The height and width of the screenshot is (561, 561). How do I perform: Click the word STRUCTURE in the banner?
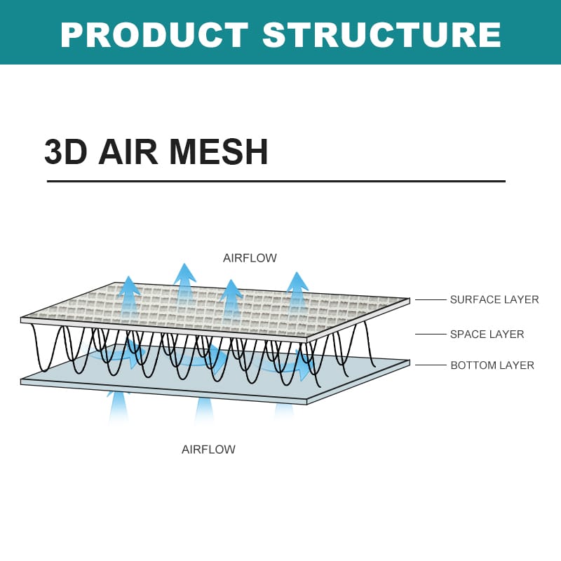point(382,34)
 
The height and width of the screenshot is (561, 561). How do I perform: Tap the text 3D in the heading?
point(66,151)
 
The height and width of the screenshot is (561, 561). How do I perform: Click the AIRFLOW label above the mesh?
point(250,258)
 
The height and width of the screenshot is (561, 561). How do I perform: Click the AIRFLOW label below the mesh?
point(208,450)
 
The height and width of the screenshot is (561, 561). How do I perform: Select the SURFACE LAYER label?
point(494,299)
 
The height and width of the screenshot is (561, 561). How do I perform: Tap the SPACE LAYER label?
point(487,334)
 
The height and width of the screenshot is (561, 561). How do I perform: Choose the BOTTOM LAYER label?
point(492,365)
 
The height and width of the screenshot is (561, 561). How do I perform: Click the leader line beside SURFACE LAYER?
point(431,300)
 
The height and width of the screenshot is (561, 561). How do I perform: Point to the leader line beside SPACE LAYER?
point(431,334)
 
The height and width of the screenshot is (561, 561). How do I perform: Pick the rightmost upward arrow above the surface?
point(297,291)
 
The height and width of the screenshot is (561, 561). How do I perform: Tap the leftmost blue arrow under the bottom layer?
point(119,407)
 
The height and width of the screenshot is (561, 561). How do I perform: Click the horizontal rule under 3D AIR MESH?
point(276,181)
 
